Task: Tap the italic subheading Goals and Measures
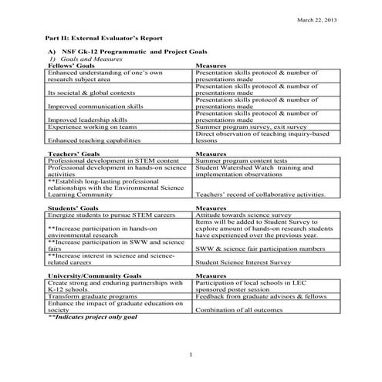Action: [92, 59]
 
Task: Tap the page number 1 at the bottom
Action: [191, 354]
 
